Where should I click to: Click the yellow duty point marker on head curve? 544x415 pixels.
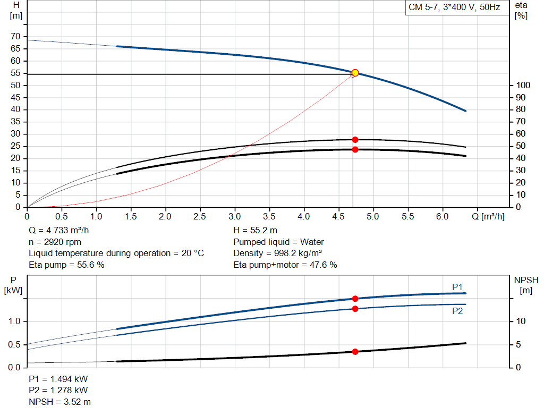[355, 73]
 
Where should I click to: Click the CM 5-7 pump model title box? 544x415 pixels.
[454, 8]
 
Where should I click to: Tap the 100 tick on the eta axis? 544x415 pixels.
[523, 86]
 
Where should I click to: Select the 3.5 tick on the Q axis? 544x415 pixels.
[269, 216]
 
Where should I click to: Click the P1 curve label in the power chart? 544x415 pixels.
[457, 287]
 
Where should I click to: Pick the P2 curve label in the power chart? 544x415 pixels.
[457, 311]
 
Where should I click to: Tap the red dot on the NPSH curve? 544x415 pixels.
[355, 352]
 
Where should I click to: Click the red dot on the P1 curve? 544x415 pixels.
[355, 299]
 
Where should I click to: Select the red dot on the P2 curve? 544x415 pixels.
[355, 309]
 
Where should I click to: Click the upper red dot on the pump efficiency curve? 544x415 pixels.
[355, 140]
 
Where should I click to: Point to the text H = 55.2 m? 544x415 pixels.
[255, 231]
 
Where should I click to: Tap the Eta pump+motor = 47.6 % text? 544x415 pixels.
[285, 265]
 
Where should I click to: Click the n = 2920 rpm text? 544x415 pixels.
[55, 242]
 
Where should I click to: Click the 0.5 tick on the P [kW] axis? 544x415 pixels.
[14, 345]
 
